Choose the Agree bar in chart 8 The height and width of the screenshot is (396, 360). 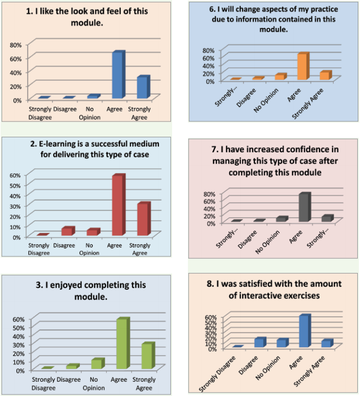coord(304,331)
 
